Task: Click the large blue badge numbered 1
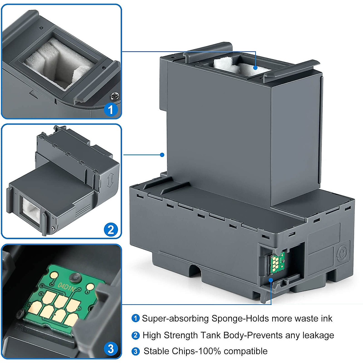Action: [110, 109]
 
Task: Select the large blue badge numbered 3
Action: [111, 349]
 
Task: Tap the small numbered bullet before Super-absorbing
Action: [136, 319]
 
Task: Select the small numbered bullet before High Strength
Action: [136, 335]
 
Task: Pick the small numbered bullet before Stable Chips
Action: [136, 352]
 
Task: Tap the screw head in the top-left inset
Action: [114, 96]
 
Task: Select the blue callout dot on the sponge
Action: [256, 68]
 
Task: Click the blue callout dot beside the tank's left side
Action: [162, 155]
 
